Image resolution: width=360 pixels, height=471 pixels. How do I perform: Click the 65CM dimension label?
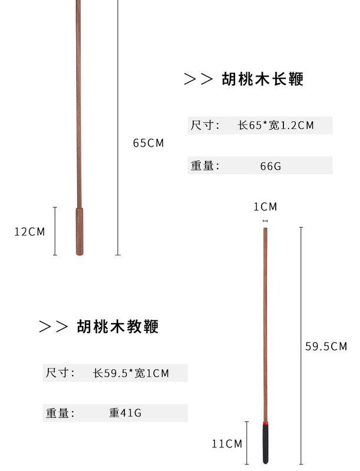[148, 143]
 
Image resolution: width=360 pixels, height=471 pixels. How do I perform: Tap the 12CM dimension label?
[29, 231]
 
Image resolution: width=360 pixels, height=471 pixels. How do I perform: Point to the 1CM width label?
[265, 207]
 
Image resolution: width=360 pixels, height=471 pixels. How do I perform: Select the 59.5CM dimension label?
[326, 346]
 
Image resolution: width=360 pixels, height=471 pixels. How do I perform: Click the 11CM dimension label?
[227, 444]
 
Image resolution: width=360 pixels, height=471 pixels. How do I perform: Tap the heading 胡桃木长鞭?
[263, 79]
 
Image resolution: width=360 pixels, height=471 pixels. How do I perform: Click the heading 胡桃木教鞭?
[117, 326]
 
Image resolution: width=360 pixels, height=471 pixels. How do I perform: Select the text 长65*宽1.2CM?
[276, 125]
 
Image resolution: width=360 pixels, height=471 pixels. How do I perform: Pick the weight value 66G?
[270, 166]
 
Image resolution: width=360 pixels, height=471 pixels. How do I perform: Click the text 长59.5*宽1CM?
[131, 373]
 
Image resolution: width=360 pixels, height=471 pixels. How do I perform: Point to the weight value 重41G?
[125, 413]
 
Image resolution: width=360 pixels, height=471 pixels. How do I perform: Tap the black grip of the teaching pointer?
[266, 445]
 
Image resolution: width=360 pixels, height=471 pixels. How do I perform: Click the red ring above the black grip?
[266, 423]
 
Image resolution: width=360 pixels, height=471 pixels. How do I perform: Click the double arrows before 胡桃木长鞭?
[198, 79]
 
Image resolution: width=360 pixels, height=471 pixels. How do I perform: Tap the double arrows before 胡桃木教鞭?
[54, 326]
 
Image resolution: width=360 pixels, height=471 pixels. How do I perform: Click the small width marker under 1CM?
[265, 221]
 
